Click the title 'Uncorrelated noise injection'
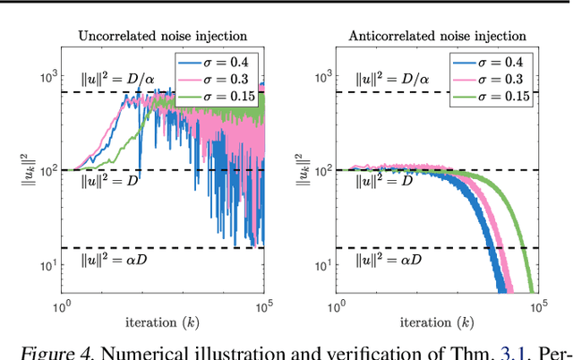(162, 37)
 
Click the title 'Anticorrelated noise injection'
(436, 37)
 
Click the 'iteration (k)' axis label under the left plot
(162, 322)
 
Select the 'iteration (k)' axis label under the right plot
(436, 322)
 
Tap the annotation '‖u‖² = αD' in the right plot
(372, 261)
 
